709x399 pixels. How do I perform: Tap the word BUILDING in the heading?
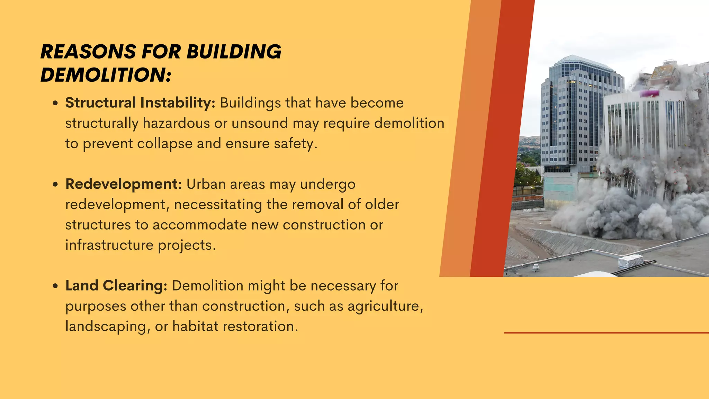(234, 52)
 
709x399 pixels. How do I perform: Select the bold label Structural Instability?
(140, 103)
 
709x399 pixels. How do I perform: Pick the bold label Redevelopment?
(124, 184)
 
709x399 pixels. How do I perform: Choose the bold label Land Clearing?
(116, 286)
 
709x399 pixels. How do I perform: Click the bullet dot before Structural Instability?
(55, 104)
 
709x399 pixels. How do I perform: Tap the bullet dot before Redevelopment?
(55, 185)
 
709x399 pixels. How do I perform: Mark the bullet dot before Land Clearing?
(55, 286)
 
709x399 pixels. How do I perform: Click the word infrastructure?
(109, 245)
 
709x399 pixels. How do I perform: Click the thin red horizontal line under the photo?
(606, 333)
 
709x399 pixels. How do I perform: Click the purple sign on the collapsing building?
(649, 93)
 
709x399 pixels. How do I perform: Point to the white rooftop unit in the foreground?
(631, 261)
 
